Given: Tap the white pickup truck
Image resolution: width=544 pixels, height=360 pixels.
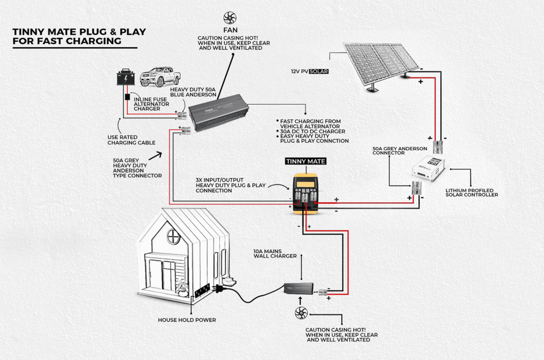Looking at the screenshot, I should point(159,76).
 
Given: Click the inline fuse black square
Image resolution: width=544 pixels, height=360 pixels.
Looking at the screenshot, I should point(127,98).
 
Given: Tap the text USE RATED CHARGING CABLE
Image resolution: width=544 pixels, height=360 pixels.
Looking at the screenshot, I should point(131,139).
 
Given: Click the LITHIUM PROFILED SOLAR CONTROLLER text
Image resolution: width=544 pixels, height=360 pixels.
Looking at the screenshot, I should point(472,192).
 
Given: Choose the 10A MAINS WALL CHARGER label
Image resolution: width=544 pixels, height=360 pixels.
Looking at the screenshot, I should point(275,253).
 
